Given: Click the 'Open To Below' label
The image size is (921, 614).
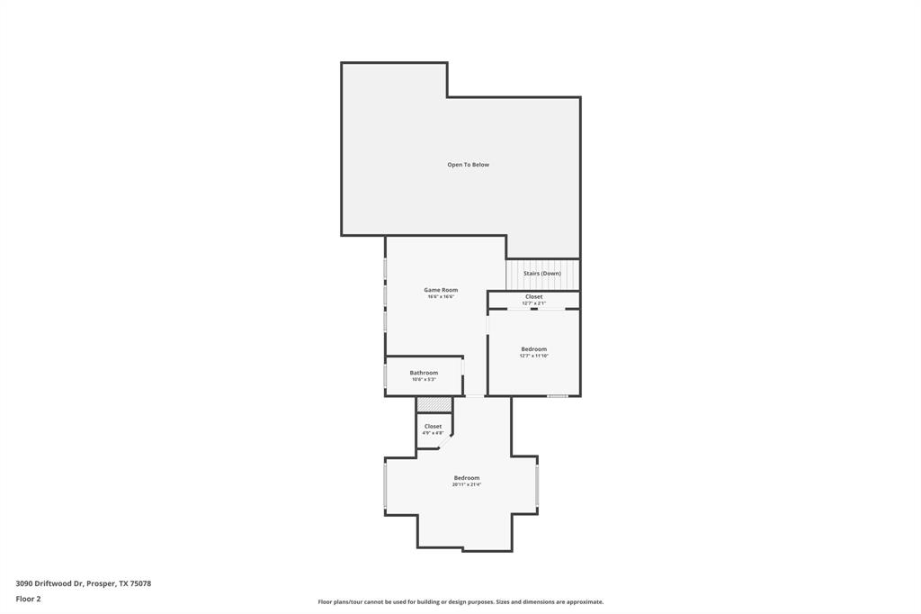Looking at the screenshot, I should [468, 165].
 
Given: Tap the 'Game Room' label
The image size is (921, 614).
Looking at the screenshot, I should [441, 290].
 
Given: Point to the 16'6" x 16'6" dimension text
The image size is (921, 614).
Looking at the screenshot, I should [441, 297].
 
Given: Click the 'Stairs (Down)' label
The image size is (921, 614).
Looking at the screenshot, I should [541, 273].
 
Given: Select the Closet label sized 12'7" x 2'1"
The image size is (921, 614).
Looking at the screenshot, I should [533, 296].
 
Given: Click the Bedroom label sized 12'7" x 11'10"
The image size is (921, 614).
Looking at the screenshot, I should [533, 348].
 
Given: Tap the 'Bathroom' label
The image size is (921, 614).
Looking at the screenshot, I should [424, 373].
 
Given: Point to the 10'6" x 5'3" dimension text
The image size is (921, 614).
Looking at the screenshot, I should [424, 380].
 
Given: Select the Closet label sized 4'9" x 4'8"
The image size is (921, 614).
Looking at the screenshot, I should [433, 426].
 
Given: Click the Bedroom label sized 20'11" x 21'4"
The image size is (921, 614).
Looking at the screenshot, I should [466, 477].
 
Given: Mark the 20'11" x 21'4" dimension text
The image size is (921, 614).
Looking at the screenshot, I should [466, 484].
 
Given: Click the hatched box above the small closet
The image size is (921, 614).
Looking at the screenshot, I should [434, 404].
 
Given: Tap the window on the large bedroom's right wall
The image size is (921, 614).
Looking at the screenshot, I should [537, 484].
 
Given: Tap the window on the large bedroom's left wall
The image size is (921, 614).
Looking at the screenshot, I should [386, 485].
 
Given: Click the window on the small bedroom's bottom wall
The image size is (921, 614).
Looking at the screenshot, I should [558, 396].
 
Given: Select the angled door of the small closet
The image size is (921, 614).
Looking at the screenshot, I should [444, 442].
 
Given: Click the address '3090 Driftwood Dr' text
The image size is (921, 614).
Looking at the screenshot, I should [49, 583].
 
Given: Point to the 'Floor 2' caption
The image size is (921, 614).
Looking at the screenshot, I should [28, 599].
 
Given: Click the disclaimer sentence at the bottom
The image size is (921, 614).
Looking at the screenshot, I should [460, 601].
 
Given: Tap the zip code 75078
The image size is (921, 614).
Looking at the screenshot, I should [140, 583].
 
